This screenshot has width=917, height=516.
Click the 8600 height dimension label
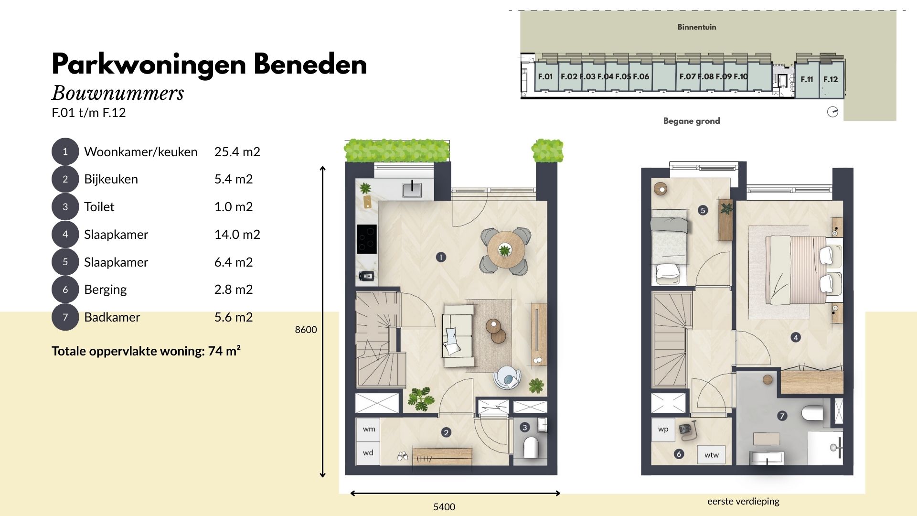tap(306, 330)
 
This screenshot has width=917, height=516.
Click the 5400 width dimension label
tap(444, 507)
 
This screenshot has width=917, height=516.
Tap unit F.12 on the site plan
tap(831, 79)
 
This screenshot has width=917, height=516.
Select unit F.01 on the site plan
tap(545, 76)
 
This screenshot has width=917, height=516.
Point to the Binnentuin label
tap(697, 27)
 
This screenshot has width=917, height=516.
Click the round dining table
tap(506, 250)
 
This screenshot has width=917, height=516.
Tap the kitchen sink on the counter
tap(412, 189)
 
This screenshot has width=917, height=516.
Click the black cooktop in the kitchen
tap(367, 239)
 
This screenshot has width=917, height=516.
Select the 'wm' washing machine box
tap(368, 429)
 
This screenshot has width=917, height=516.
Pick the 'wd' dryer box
tap(368, 453)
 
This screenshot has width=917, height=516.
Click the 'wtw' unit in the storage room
tap(712, 455)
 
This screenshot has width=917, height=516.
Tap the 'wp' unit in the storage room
tap(663, 429)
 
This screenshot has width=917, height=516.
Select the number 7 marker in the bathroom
tap(782, 416)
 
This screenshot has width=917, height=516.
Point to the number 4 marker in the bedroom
tap(796, 337)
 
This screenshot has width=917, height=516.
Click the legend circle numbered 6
tap(65, 290)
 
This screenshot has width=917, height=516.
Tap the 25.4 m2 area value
tap(237, 152)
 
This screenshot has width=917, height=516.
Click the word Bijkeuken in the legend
tap(111, 179)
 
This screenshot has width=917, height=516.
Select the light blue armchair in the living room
tap(507, 378)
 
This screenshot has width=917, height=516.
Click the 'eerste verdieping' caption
tap(743, 501)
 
